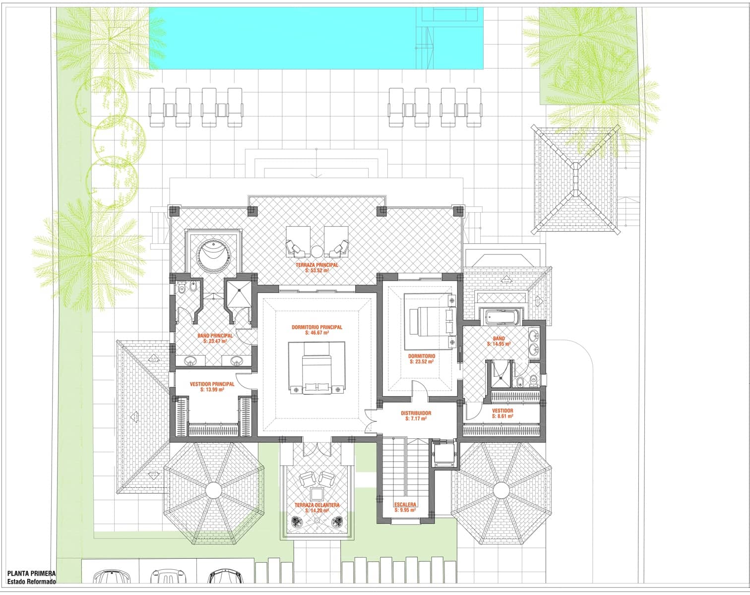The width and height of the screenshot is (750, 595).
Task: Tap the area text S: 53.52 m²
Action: [316, 271]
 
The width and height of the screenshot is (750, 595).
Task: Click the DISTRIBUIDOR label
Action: [416, 413]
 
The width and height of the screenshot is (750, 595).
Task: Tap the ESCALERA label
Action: [405, 504]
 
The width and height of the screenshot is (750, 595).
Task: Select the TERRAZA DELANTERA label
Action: [316, 505]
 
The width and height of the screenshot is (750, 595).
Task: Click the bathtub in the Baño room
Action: [500, 315]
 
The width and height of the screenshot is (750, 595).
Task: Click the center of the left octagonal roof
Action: [214, 490]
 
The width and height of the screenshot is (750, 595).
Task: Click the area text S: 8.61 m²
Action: [502, 416]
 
